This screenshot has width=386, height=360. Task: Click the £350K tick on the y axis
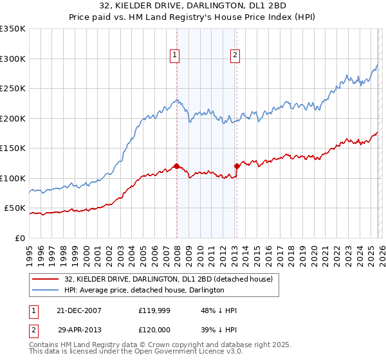[13, 29]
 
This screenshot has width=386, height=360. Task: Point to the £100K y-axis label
[13, 178]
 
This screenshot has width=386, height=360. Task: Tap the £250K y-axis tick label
[13, 89]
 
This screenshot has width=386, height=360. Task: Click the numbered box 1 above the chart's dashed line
[174, 56]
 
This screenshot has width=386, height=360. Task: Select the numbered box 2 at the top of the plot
[235, 56]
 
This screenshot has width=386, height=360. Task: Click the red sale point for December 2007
[176, 167]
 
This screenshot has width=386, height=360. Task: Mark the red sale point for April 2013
[237, 166]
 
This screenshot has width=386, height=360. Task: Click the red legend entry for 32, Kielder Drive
[169, 279]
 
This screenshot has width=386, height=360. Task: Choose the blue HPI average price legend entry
[143, 291]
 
